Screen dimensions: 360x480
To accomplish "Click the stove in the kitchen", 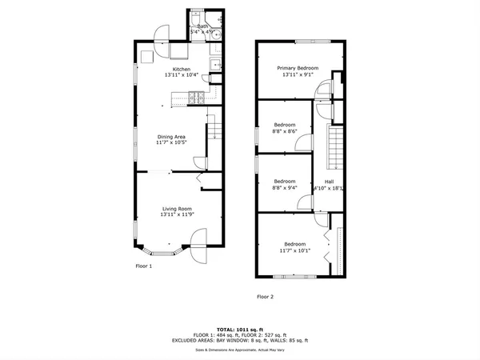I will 195,99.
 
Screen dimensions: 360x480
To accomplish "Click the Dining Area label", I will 170,137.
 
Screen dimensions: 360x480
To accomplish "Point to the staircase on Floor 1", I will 214,129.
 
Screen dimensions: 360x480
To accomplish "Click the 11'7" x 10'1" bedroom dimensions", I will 294,251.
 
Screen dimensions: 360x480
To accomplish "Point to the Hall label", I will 330,182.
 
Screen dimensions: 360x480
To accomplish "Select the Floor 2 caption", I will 265,296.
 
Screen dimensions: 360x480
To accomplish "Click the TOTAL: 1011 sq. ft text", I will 238,329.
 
